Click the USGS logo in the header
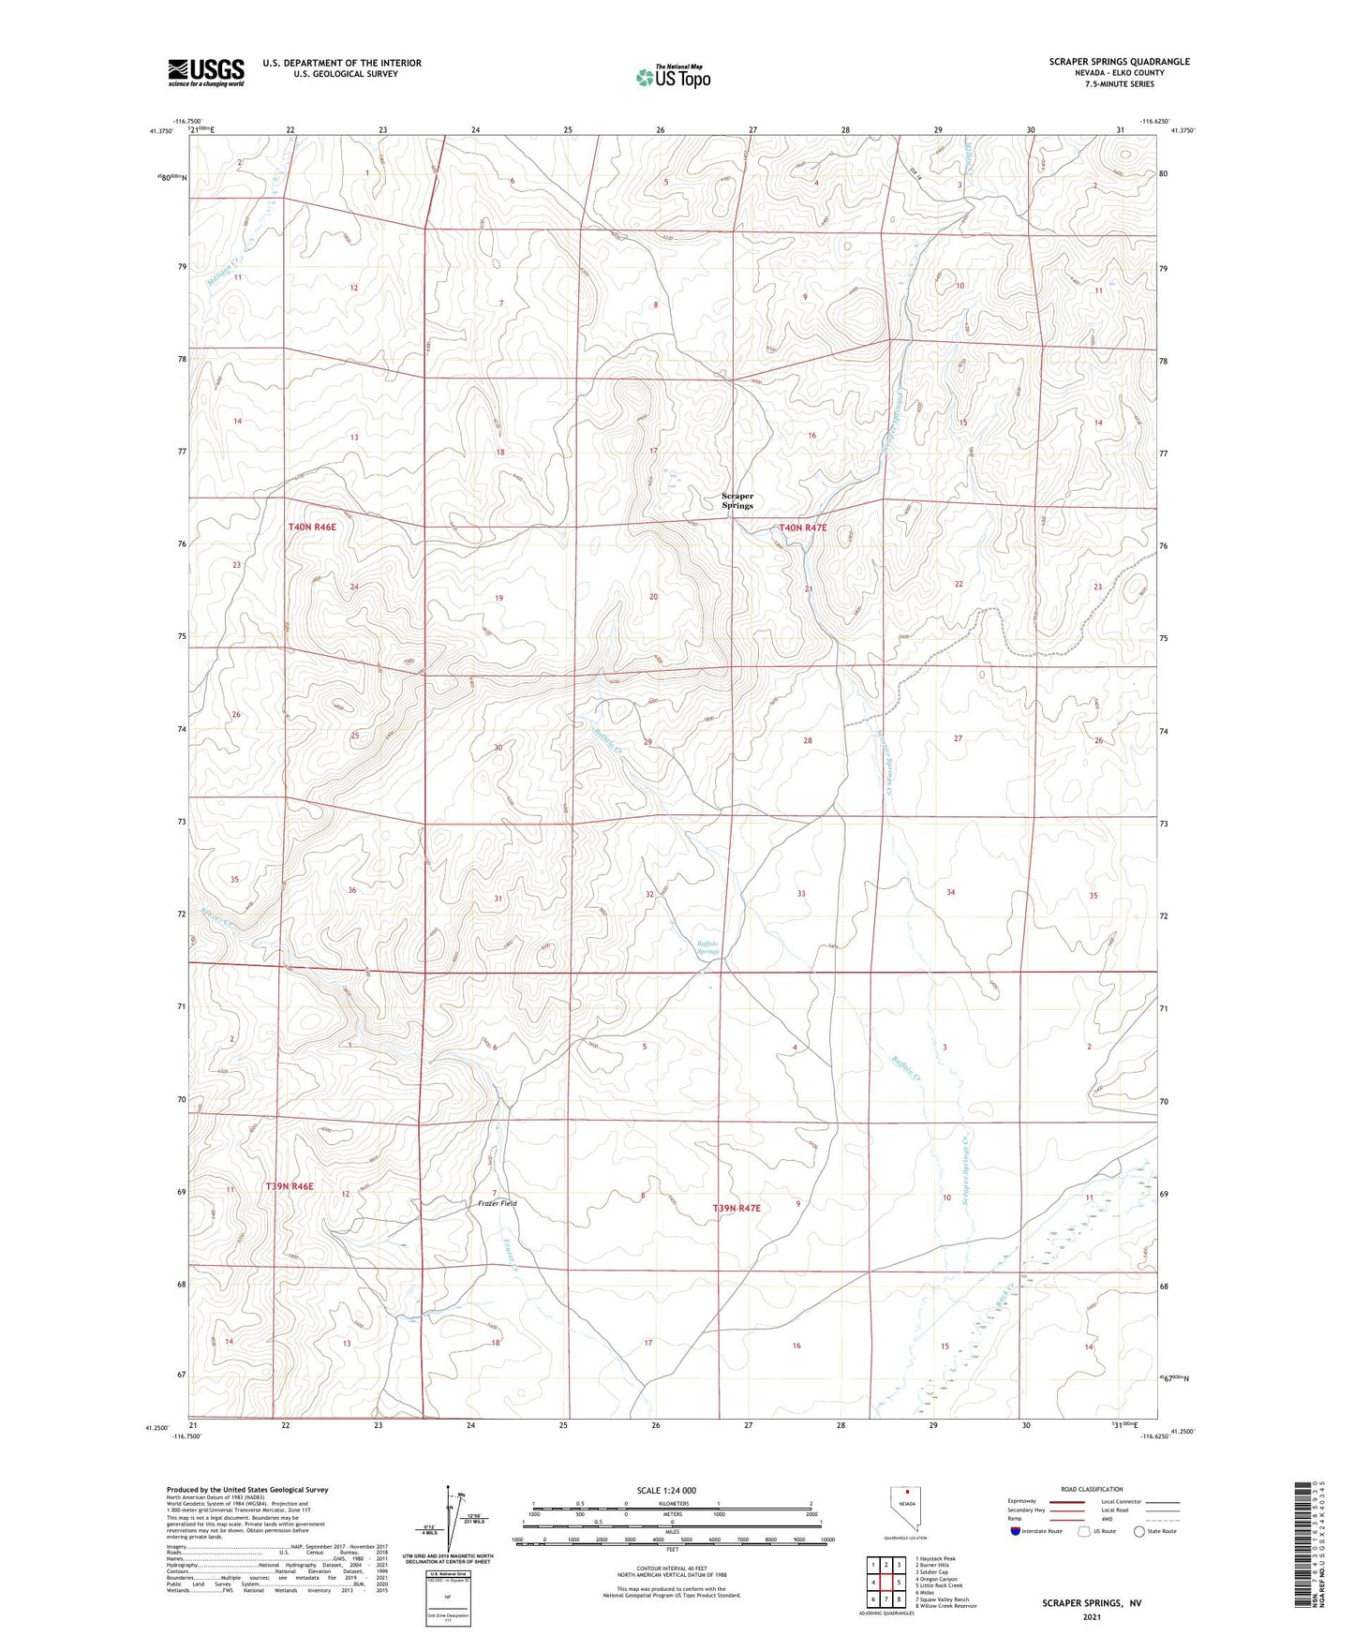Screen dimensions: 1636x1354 [206, 72]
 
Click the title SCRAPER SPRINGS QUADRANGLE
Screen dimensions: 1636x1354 [1119, 62]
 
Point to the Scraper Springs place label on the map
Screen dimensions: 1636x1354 [737, 500]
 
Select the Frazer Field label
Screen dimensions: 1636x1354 [497, 1203]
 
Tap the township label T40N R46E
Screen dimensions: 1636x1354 [312, 528]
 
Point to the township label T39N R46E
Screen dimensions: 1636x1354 [289, 1186]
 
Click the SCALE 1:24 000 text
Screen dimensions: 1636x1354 [666, 1490]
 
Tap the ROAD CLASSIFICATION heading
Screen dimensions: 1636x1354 [1093, 1489]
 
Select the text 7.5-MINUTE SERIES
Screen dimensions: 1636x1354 [1119, 84]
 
